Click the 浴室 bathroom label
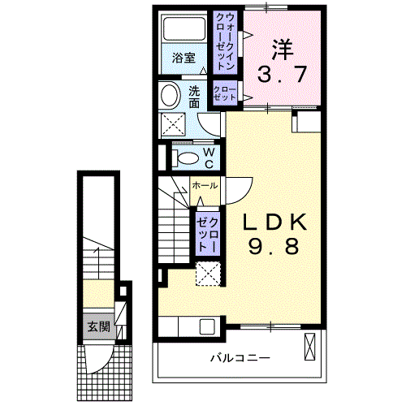[x=184, y=58]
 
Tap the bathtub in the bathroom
[x=184, y=31]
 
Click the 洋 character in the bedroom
[x=282, y=50]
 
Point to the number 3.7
[x=283, y=76]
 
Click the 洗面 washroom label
[x=196, y=97]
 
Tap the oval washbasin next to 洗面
[x=171, y=96]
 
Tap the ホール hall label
[x=204, y=186]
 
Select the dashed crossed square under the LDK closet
[x=209, y=274]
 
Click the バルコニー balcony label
[x=242, y=357]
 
